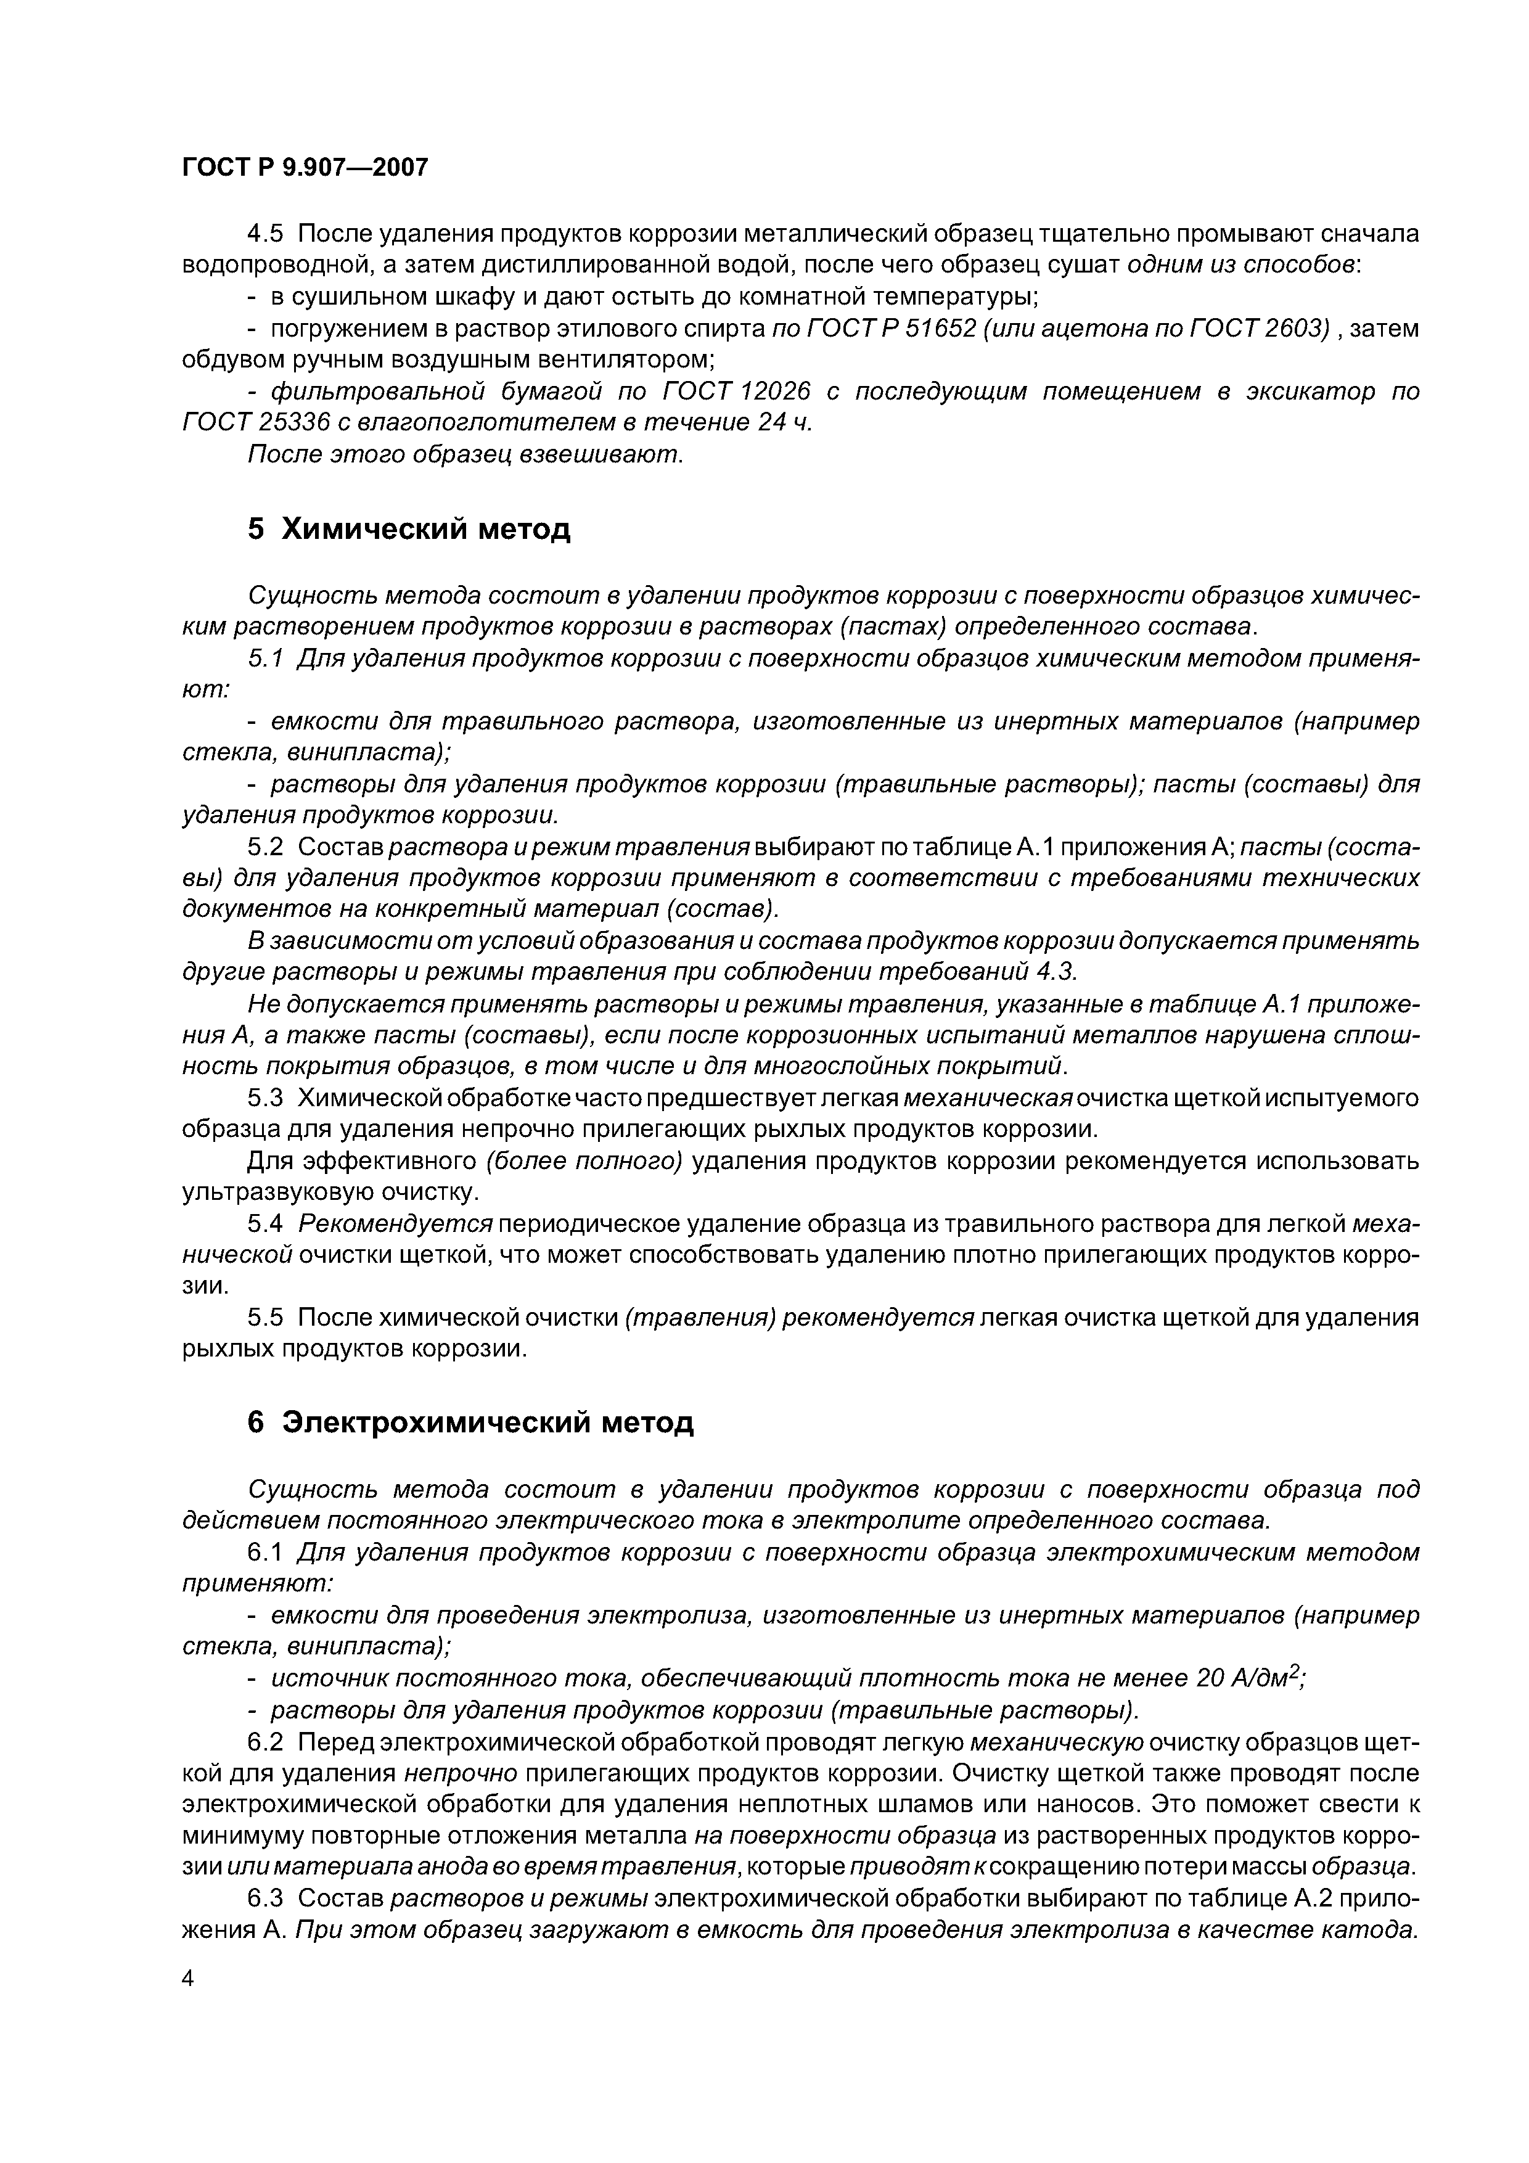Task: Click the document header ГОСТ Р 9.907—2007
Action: coord(305,168)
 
